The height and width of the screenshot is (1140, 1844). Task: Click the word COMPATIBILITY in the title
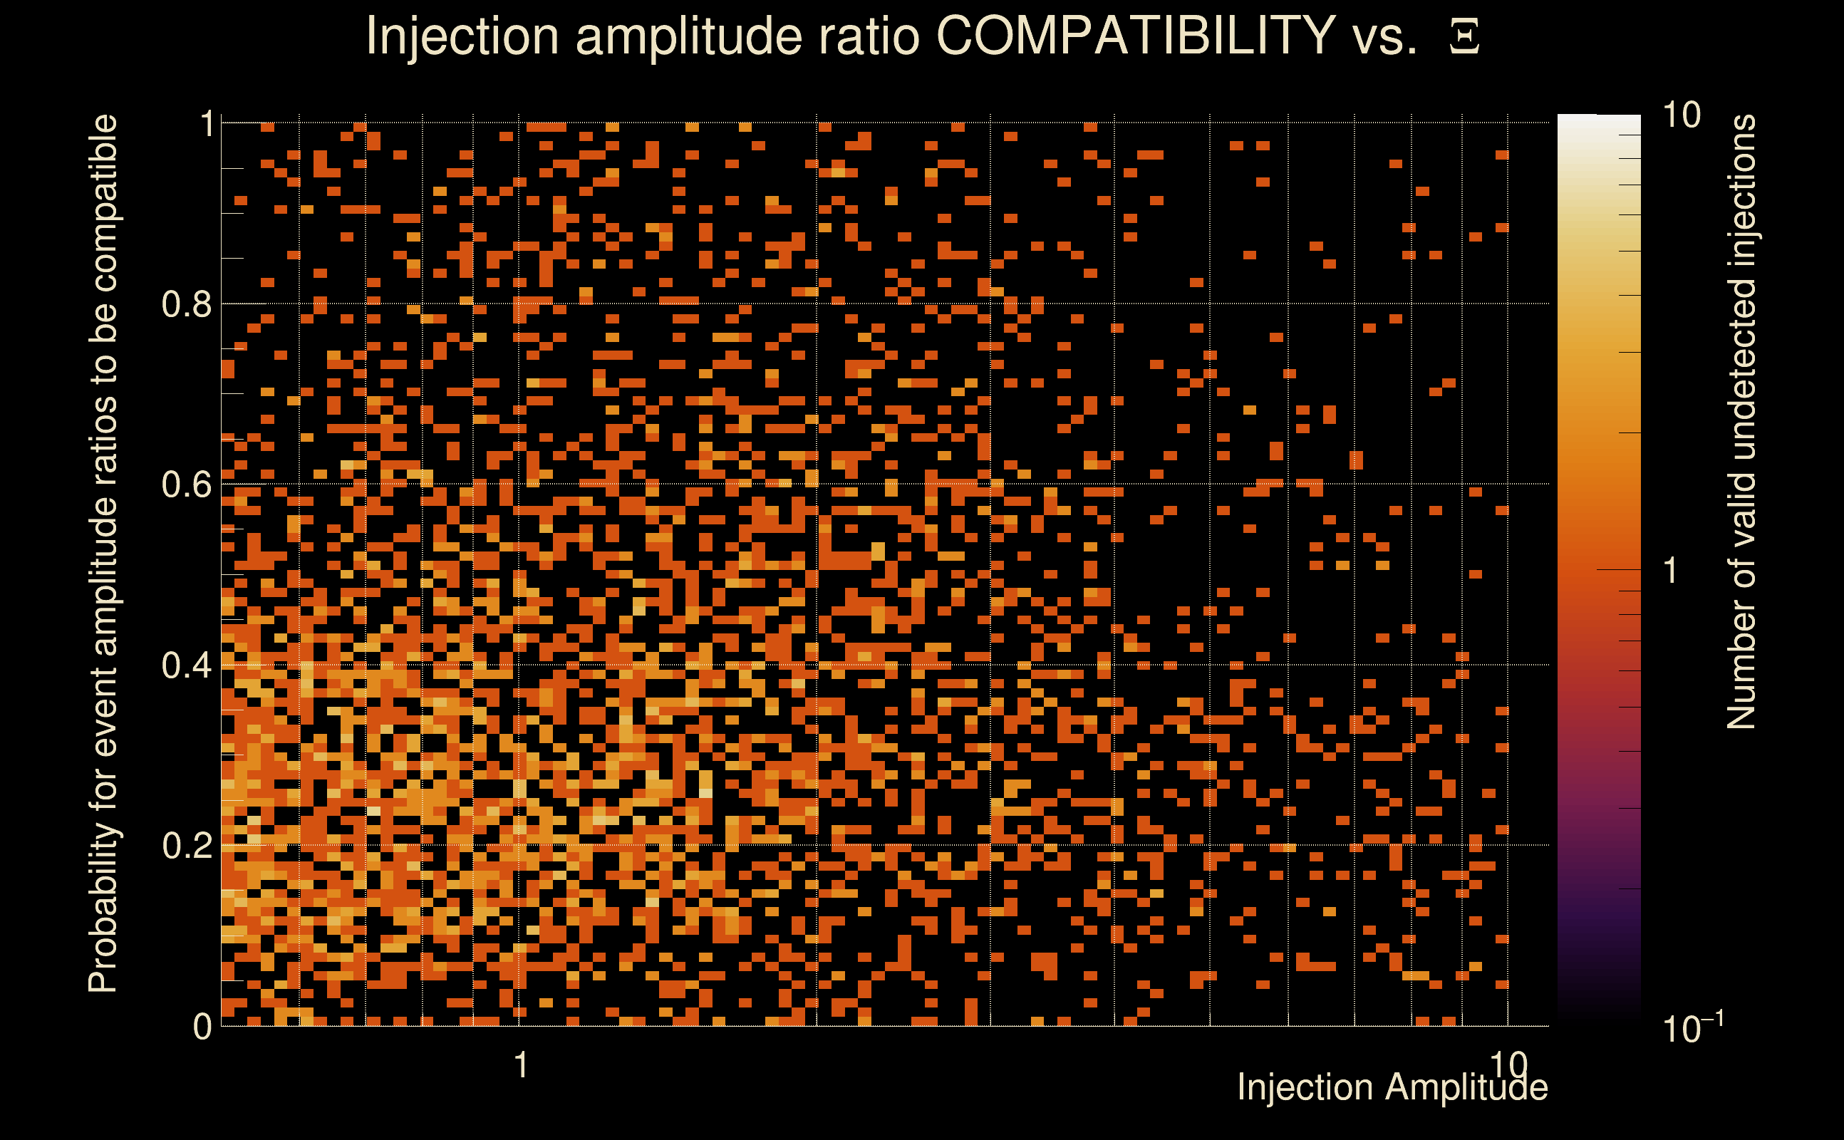1135,36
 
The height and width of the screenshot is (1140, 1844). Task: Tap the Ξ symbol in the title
1465,37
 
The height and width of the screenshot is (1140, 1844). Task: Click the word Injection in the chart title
462,36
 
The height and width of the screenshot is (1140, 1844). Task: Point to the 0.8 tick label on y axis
186,305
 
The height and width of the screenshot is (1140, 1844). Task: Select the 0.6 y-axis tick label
186,484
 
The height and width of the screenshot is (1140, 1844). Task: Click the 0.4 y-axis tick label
186,665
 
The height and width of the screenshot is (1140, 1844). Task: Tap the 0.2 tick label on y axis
186,846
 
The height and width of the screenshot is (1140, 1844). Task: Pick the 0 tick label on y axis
202,1027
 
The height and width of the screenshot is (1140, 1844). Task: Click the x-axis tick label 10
1508,1064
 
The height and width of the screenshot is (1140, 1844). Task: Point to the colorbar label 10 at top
1681,116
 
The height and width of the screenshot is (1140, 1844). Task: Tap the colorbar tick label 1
1671,571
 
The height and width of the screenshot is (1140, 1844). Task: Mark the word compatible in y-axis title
103,202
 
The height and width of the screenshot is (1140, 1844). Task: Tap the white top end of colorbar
1598,120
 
